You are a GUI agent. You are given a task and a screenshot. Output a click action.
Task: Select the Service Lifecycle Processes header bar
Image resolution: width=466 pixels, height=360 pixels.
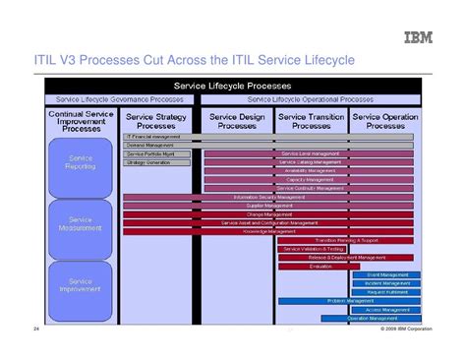(x=233, y=86)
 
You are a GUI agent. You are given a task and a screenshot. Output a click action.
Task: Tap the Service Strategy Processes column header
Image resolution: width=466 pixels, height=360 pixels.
(x=157, y=120)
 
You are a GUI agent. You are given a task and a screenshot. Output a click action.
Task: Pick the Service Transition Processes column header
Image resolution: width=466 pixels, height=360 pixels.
(x=311, y=120)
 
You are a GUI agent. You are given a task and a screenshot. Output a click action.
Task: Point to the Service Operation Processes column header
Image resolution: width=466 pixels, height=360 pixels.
(x=385, y=120)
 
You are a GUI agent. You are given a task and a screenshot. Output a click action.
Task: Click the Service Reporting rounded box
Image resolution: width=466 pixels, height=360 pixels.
(x=82, y=162)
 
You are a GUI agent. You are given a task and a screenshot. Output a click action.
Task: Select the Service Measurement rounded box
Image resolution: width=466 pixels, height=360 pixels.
(x=82, y=224)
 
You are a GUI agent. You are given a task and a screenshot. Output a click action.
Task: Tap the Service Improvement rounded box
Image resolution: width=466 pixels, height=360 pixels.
(x=82, y=286)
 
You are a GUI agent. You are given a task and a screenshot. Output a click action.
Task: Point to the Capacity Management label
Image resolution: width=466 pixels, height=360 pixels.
(x=311, y=179)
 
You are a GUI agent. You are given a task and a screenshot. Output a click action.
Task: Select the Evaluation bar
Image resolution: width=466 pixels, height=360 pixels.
(x=320, y=266)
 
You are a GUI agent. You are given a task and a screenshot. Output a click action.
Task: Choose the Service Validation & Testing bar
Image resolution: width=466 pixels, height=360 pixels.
(x=315, y=249)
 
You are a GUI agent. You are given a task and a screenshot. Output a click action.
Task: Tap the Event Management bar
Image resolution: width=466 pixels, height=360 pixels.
(x=387, y=274)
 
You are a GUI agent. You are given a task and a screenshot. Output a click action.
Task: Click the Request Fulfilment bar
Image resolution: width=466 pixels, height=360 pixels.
(x=387, y=292)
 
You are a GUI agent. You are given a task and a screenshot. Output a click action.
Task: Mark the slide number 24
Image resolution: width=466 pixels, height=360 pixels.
(x=36, y=328)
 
